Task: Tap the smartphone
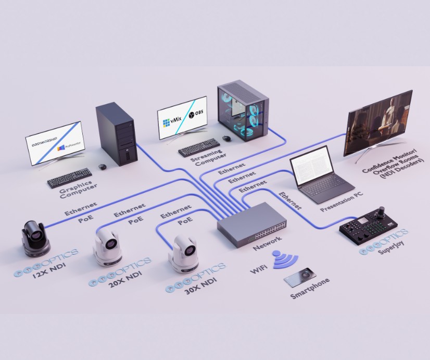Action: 300,276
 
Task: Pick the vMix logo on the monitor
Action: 173,122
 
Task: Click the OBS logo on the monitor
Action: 195,114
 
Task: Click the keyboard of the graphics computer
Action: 70,178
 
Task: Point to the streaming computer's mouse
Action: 227,138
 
